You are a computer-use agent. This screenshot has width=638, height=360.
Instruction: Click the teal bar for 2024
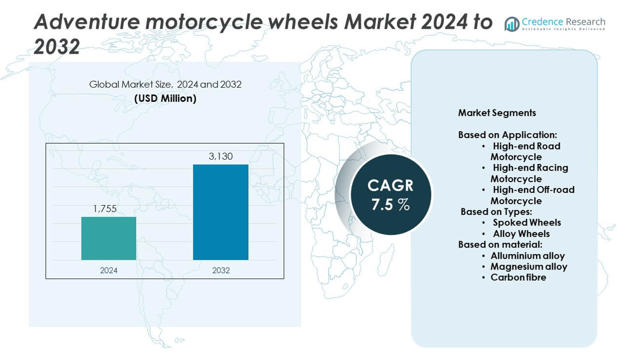109,238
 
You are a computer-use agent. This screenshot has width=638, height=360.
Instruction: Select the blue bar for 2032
220,212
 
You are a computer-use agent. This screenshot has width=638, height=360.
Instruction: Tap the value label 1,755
105,209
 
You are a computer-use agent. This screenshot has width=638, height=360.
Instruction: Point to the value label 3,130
221,156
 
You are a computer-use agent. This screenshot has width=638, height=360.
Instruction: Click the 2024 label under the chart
109,271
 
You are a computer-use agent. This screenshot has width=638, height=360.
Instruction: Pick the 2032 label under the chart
221,271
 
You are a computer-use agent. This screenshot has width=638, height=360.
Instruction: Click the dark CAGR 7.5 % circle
390,194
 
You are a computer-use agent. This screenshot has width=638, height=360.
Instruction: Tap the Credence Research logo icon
512,24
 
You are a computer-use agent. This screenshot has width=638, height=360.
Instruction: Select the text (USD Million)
165,99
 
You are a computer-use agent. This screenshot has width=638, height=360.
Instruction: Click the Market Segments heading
497,113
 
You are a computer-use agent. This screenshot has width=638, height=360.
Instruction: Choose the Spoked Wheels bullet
526,222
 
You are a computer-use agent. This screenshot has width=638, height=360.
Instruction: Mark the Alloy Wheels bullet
521,234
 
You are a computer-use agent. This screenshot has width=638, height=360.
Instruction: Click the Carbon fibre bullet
518,277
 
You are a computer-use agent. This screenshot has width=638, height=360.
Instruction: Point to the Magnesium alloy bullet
528,266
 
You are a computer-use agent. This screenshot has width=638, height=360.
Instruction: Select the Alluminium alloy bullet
527,256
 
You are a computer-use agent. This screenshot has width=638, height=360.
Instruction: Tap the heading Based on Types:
496,212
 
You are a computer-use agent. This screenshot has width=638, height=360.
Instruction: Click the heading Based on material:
500,244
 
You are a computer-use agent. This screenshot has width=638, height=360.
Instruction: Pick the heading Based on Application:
507,135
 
